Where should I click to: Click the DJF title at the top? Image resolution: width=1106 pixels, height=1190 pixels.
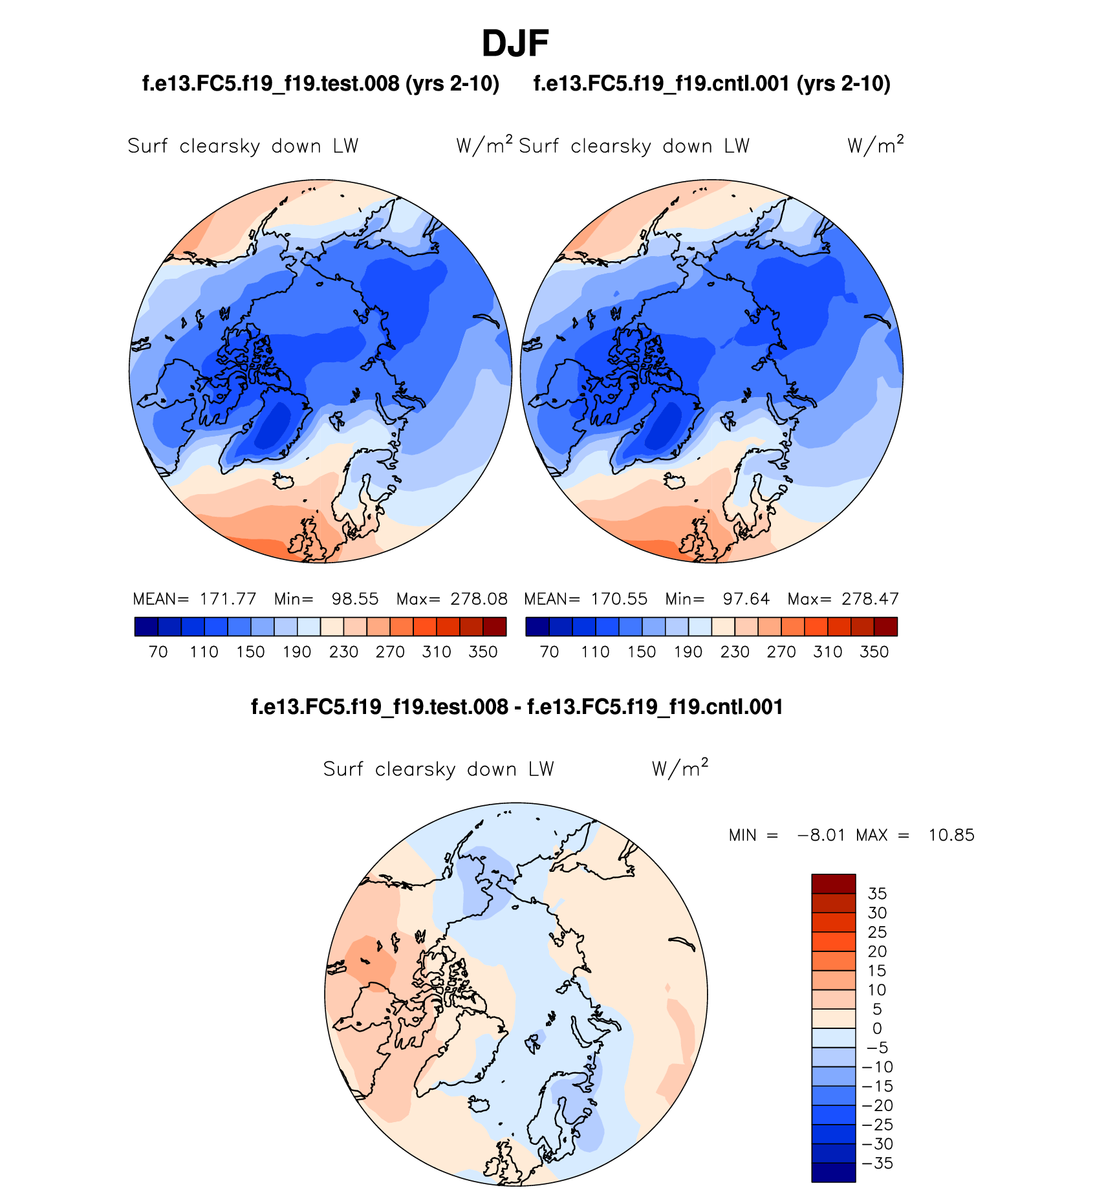pos(515,44)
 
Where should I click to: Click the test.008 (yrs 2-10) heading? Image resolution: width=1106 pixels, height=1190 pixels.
pos(321,83)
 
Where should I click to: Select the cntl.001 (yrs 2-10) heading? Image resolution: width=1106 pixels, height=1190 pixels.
pos(711,83)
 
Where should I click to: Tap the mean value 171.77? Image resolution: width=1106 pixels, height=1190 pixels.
pos(228,599)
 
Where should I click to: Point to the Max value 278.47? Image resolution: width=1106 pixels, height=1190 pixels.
pos(870,599)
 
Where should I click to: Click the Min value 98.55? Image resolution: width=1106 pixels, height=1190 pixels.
pos(354,599)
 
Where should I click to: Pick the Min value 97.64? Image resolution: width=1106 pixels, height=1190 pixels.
pos(746,599)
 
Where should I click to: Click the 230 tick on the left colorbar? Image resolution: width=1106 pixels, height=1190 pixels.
pos(343,652)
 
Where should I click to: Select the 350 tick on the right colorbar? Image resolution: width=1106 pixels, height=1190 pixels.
pos(874,652)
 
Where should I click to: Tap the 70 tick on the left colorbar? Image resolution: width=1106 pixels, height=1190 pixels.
pos(158,652)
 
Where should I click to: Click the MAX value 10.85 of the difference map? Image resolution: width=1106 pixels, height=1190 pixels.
pos(951,835)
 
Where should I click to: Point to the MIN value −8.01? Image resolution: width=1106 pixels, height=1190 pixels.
pos(821,835)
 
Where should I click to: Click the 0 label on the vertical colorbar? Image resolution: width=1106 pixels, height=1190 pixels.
pos(877,1028)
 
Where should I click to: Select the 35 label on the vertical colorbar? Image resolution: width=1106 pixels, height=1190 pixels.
pos(877,894)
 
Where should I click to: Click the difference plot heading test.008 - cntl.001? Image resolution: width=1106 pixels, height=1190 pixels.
pos(517,707)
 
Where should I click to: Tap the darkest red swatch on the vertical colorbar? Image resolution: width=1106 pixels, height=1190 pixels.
pos(833,883)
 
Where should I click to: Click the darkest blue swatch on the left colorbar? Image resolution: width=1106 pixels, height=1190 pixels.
pos(146,627)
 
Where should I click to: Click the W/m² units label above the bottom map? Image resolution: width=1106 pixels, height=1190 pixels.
pos(680,768)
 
